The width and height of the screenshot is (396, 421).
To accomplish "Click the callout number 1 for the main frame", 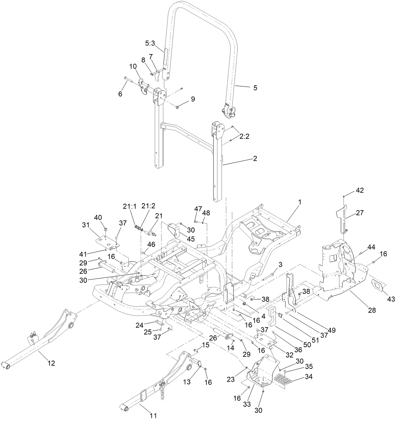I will point(300,203).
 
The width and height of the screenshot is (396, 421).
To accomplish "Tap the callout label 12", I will point(51,363).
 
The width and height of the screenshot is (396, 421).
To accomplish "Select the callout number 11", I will point(153,416).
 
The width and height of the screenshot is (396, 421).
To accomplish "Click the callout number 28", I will point(372,310).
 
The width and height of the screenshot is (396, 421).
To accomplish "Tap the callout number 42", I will point(359,190).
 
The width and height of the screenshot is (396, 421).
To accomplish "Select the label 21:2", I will point(149,206).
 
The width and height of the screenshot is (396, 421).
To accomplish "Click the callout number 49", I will point(332,330).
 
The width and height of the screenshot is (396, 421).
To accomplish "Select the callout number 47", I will point(198,208).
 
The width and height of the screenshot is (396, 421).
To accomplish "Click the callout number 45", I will point(191,239).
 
